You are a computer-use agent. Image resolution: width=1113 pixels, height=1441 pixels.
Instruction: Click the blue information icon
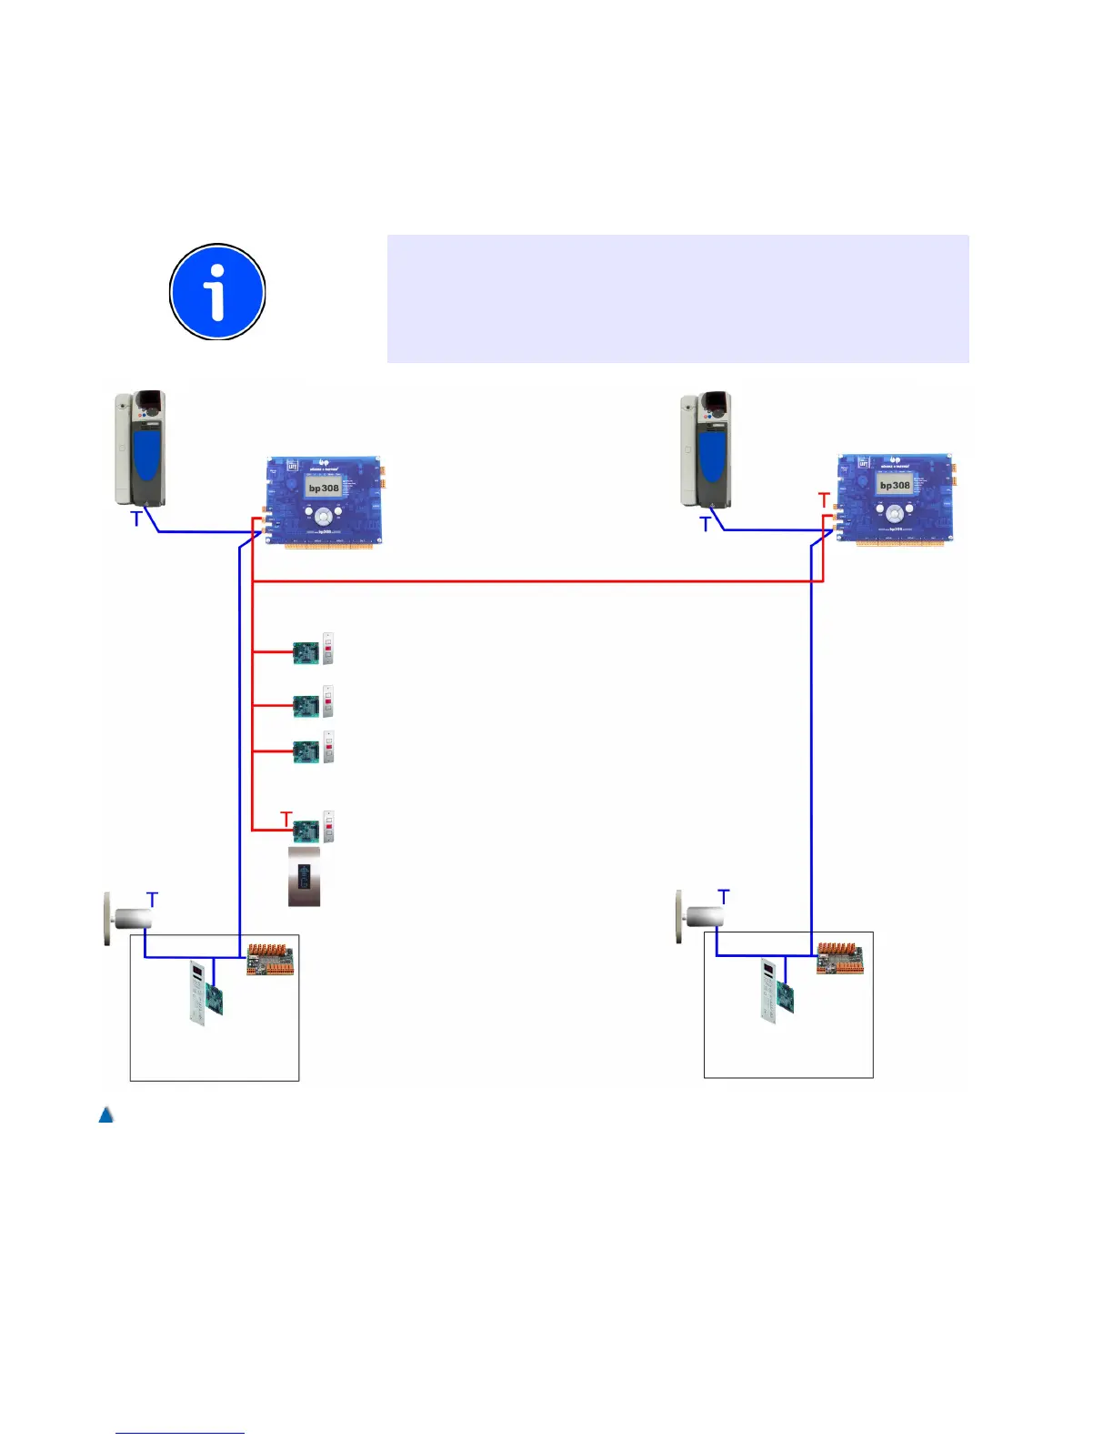pos(217,292)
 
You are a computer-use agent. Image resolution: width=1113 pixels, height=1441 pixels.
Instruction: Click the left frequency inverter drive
pos(141,448)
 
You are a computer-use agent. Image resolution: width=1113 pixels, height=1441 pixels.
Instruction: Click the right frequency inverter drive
pos(707,448)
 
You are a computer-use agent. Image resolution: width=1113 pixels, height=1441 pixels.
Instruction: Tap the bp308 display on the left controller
pos(323,489)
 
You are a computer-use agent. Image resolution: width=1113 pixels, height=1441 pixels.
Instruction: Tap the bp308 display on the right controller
pos(894,485)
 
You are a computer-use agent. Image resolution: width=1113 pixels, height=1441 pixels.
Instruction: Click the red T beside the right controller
pos(825,501)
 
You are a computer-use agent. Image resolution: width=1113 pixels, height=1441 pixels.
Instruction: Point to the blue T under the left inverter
pos(136,519)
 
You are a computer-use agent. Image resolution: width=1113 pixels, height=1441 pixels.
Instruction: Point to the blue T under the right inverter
pos(705,525)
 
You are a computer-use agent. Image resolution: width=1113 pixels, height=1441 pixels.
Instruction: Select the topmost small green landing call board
pos(306,652)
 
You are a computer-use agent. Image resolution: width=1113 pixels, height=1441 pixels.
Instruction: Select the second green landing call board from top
pos(306,705)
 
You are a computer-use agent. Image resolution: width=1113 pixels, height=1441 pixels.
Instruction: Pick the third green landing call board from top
pos(306,751)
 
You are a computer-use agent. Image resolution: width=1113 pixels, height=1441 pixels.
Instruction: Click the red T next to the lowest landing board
pos(286,820)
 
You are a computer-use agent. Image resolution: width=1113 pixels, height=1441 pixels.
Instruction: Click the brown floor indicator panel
pos(304,877)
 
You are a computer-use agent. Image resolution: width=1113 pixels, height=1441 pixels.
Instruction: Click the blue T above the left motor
pos(152,900)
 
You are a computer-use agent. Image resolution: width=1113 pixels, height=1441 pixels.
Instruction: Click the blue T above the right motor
pos(724,897)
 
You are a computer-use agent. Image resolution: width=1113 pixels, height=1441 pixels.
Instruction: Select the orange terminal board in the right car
pos(839,958)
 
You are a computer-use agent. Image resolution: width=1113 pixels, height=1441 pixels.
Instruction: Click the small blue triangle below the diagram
pos(105,1114)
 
